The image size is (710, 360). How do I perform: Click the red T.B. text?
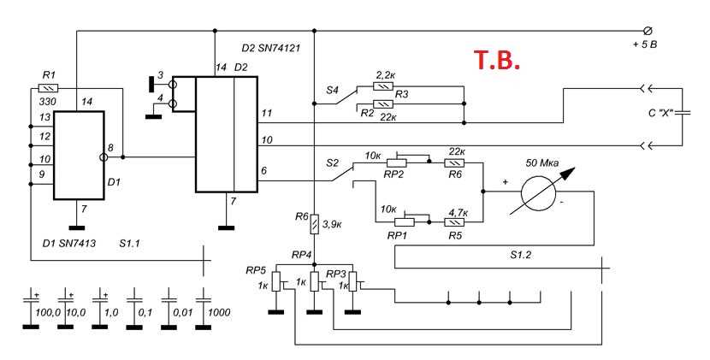pos(497,61)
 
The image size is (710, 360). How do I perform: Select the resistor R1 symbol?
pos(49,88)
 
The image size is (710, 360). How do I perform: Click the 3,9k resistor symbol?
pos(315,224)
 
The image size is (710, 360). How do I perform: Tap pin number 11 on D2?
pos(268,113)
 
